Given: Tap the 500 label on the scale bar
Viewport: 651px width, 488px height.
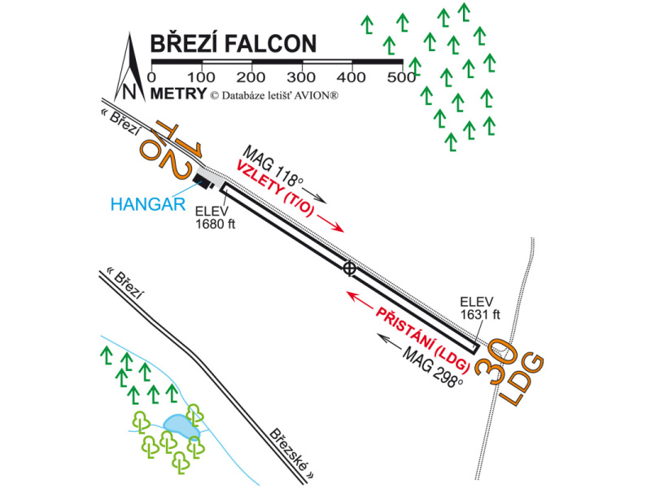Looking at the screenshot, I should tap(401, 77).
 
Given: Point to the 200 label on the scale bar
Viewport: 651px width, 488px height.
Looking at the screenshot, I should tap(251, 77).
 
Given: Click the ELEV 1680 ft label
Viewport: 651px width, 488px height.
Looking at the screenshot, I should tap(213, 217).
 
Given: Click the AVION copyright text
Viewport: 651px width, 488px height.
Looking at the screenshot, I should tap(273, 95).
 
